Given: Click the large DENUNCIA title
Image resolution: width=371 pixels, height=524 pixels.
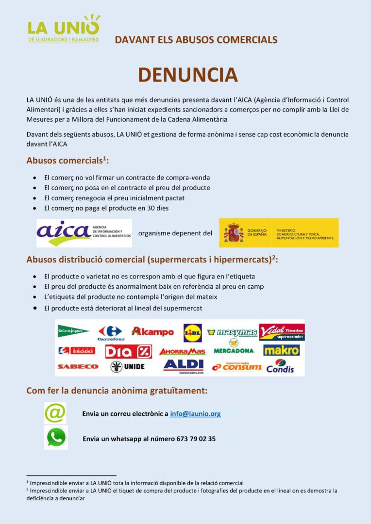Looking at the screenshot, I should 188,75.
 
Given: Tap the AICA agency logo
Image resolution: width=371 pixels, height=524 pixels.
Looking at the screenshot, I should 84,233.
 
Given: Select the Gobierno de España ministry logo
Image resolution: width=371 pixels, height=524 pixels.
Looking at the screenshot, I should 278,233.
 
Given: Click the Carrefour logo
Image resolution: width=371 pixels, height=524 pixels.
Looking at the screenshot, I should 111,333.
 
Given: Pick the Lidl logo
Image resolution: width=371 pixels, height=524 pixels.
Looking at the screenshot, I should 192,332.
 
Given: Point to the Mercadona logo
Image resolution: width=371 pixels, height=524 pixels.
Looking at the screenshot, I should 234,347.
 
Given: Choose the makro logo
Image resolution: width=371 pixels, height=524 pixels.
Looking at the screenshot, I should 281,350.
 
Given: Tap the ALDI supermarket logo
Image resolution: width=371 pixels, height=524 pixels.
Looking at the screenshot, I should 183,365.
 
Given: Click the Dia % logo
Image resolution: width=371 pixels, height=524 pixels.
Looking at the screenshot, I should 128,351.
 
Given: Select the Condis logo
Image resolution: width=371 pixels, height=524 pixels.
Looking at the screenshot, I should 281,366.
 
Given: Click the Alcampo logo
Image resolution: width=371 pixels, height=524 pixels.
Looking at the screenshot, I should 152,331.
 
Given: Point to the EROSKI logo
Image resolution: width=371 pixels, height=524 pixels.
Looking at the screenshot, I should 77,350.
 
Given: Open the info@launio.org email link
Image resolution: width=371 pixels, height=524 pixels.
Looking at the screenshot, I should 195,414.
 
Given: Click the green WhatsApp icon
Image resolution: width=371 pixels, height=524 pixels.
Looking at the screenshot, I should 56,437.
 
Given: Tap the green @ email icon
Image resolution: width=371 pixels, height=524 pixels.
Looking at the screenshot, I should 55,413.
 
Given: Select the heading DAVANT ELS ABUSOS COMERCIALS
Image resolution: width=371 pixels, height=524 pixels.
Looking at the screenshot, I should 196,40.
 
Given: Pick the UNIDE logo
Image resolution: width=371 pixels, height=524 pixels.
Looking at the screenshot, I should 127,366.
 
